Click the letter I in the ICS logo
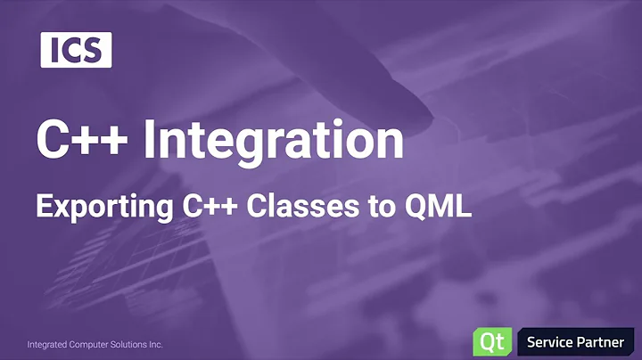(x=55, y=50)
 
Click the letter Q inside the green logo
(x=487, y=342)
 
